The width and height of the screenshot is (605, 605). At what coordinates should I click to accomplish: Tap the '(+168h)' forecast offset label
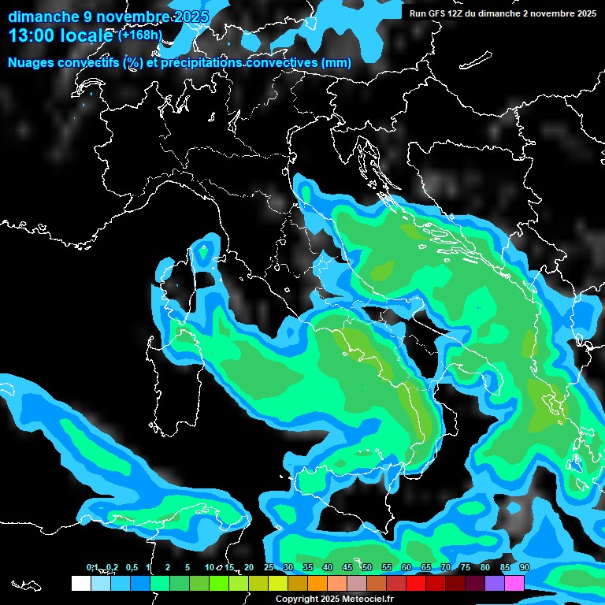[x=139, y=35]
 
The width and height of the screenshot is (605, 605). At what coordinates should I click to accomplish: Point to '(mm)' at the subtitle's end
[x=336, y=63]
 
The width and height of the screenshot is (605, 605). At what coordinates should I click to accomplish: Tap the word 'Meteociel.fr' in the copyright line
[x=368, y=599]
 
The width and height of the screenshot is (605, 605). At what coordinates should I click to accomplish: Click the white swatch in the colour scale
[x=80, y=583]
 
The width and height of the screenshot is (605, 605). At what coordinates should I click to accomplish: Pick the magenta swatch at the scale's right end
[x=514, y=583]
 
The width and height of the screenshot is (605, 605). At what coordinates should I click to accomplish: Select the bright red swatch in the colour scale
[x=416, y=583]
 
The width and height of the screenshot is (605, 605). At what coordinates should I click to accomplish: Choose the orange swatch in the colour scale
[x=317, y=583]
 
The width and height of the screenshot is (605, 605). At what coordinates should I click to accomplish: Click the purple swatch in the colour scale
[x=495, y=583]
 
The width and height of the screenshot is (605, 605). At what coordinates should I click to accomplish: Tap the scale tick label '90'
[x=525, y=568]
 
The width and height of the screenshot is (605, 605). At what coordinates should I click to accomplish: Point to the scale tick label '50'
[x=367, y=568]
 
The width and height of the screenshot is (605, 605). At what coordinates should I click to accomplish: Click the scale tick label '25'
[x=269, y=568]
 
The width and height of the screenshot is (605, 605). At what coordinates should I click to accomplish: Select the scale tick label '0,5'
[x=132, y=568]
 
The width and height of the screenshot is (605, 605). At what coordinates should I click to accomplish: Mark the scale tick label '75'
[x=466, y=568]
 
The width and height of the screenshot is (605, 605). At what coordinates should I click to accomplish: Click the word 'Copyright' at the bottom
[x=298, y=599]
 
